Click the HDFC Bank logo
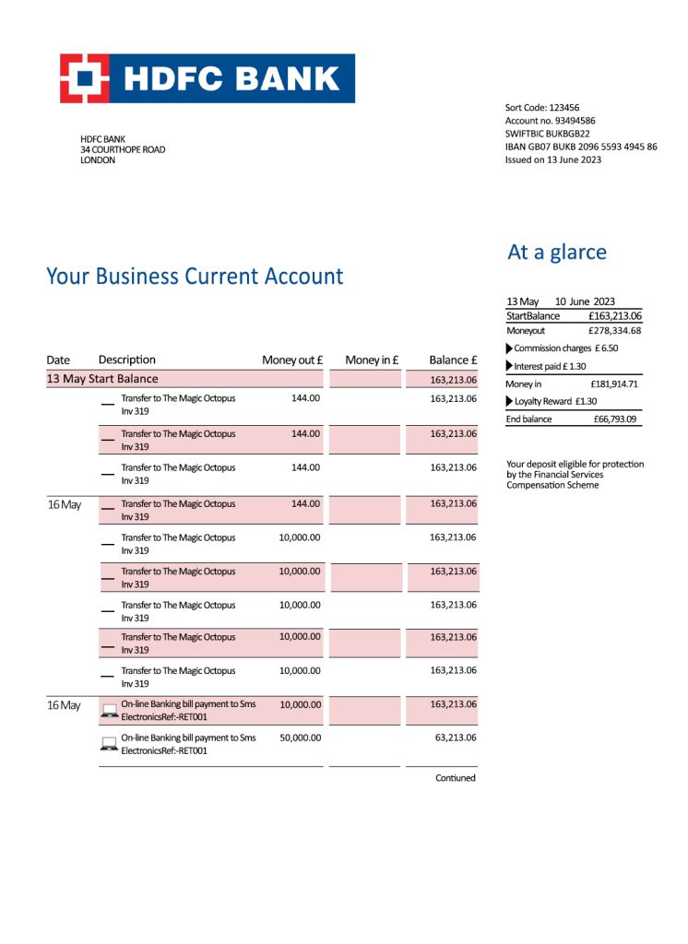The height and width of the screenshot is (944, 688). [x=208, y=78]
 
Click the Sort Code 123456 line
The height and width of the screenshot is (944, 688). [x=541, y=108]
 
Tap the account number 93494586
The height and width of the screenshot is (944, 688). [x=550, y=121]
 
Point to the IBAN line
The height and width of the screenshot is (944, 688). [x=581, y=147]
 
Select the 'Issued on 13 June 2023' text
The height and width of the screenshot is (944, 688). [x=552, y=159]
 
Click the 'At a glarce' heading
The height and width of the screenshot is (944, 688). [x=557, y=253]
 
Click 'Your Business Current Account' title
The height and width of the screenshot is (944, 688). [x=195, y=276]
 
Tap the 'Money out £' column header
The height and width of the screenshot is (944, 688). [x=291, y=360]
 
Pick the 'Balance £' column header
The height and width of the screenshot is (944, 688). [x=452, y=360]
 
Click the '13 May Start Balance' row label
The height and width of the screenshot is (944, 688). [x=102, y=379]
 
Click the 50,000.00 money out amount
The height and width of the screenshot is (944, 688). [x=300, y=738]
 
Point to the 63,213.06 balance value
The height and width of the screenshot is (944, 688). [x=453, y=738]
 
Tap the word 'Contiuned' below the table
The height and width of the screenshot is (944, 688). [x=456, y=778]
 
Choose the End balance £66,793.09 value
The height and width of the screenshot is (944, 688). [x=615, y=419]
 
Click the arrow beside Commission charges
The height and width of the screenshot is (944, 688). [x=510, y=348]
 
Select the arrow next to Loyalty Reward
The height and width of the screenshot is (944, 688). [x=510, y=401]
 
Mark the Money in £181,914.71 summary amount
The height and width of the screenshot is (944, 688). [x=614, y=383]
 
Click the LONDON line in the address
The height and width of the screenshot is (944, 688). [x=98, y=160]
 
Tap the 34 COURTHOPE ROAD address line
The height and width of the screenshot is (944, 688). [x=123, y=149]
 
